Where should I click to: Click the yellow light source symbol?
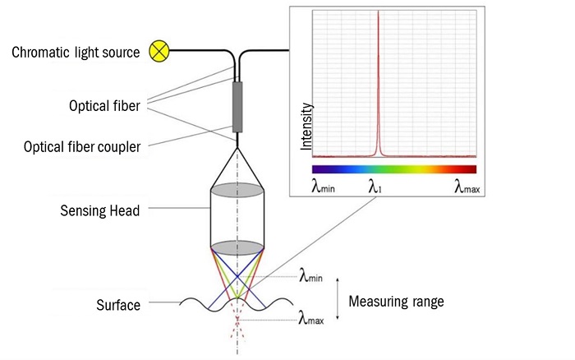click(x=159, y=53)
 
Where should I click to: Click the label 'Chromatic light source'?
click(x=75, y=53)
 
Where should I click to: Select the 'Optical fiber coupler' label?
click(x=82, y=147)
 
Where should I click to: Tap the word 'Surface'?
click(x=119, y=305)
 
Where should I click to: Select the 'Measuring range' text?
click(x=397, y=302)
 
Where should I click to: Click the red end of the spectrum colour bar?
click(x=470, y=169)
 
